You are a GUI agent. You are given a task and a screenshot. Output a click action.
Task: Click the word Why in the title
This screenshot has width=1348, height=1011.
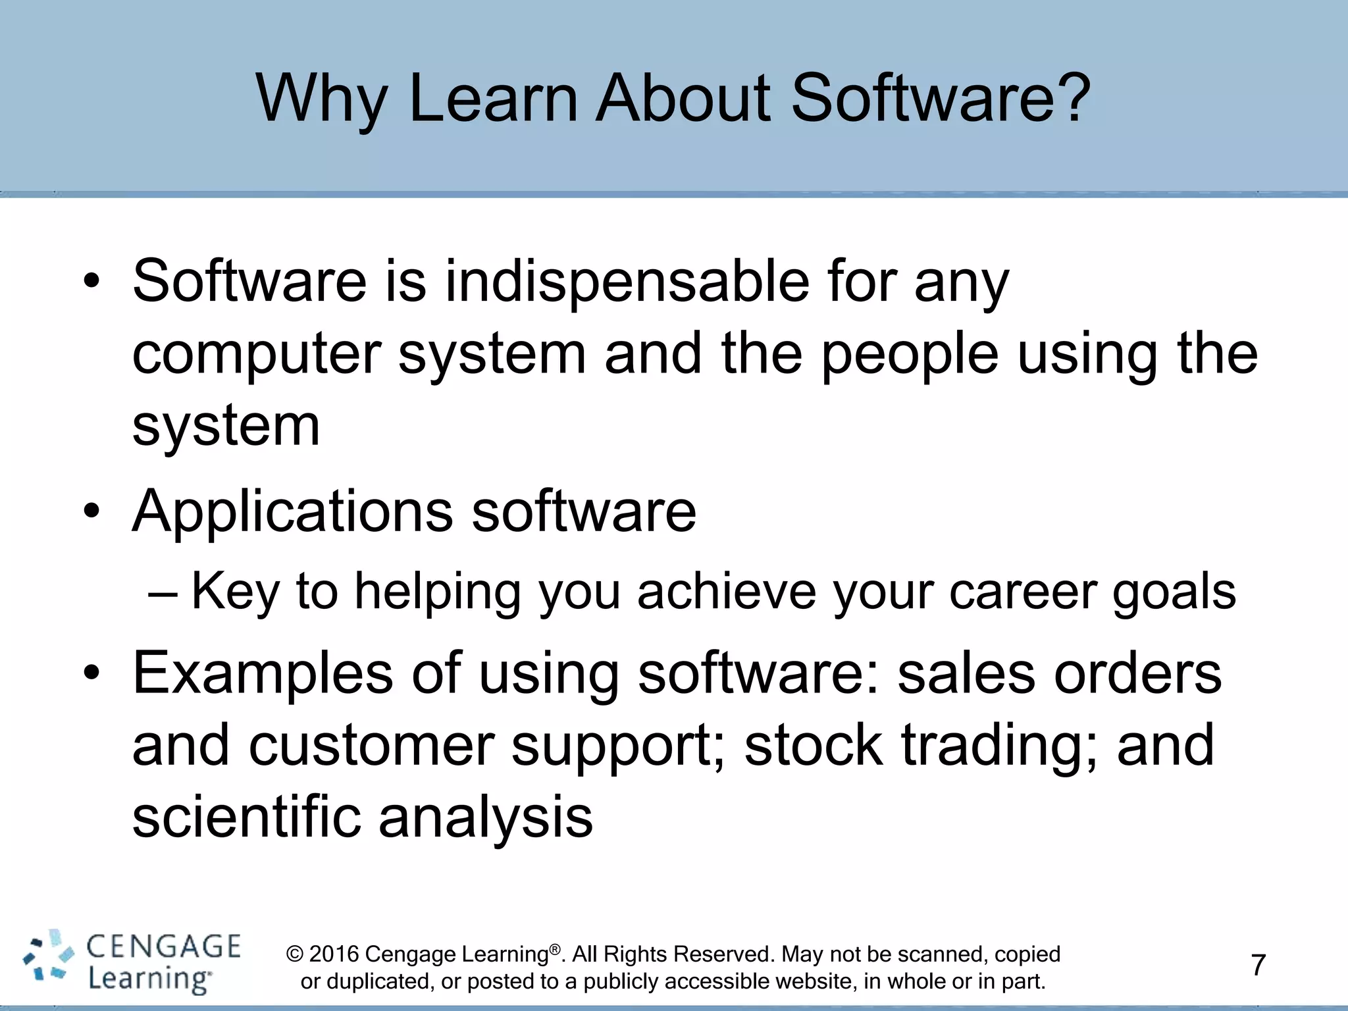coord(321,99)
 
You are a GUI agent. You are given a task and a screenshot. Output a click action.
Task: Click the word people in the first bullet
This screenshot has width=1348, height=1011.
coord(910,355)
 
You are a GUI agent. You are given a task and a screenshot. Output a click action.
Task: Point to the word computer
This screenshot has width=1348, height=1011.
coord(257,355)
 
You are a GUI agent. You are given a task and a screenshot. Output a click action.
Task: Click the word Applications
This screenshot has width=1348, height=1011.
coord(293,512)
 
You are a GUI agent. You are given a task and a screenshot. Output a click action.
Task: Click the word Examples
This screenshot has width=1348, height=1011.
coord(263,674)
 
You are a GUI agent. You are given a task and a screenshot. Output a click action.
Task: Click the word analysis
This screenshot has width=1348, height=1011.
coord(486,818)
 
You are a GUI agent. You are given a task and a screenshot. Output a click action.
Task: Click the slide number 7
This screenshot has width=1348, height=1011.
coord(1258,966)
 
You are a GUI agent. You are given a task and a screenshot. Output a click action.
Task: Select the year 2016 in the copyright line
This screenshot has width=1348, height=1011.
coord(334,954)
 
